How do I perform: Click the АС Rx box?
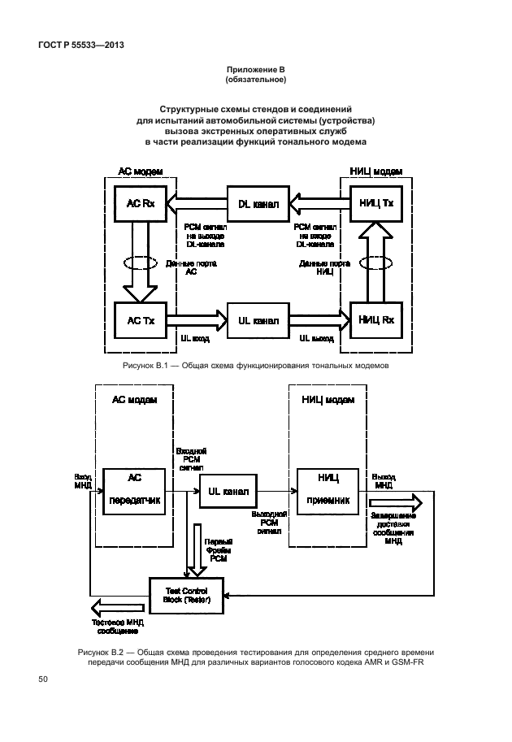point(139,203)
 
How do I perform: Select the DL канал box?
point(258,203)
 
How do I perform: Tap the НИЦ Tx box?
point(375,203)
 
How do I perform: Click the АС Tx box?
point(139,320)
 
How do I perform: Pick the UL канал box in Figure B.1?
point(258,320)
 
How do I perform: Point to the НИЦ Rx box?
point(375,320)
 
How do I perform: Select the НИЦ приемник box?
point(327,490)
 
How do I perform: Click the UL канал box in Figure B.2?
point(228,491)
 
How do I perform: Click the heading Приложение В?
point(255,71)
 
